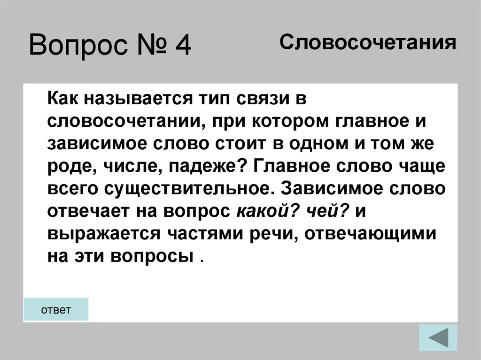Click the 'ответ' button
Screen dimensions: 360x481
[56, 309]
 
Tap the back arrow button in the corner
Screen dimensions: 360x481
[437, 337]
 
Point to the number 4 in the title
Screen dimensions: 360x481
[181, 46]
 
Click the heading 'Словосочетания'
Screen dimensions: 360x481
[368, 44]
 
